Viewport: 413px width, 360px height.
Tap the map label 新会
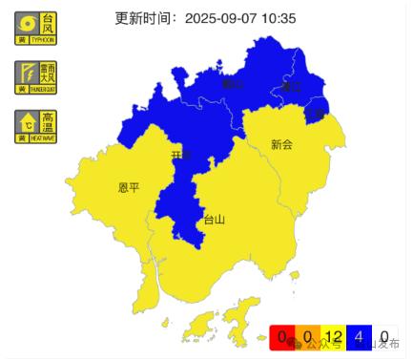[280, 145]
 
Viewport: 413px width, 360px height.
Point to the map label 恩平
[129, 187]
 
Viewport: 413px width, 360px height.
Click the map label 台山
[215, 220]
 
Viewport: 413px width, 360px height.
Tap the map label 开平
[181, 155]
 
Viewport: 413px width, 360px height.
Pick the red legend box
[281, 337]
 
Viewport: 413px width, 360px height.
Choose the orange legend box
[307, 337]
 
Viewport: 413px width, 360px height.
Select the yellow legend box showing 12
[333, 337]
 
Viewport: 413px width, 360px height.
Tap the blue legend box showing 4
[359, 337]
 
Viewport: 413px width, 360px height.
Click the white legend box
[384, 337]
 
